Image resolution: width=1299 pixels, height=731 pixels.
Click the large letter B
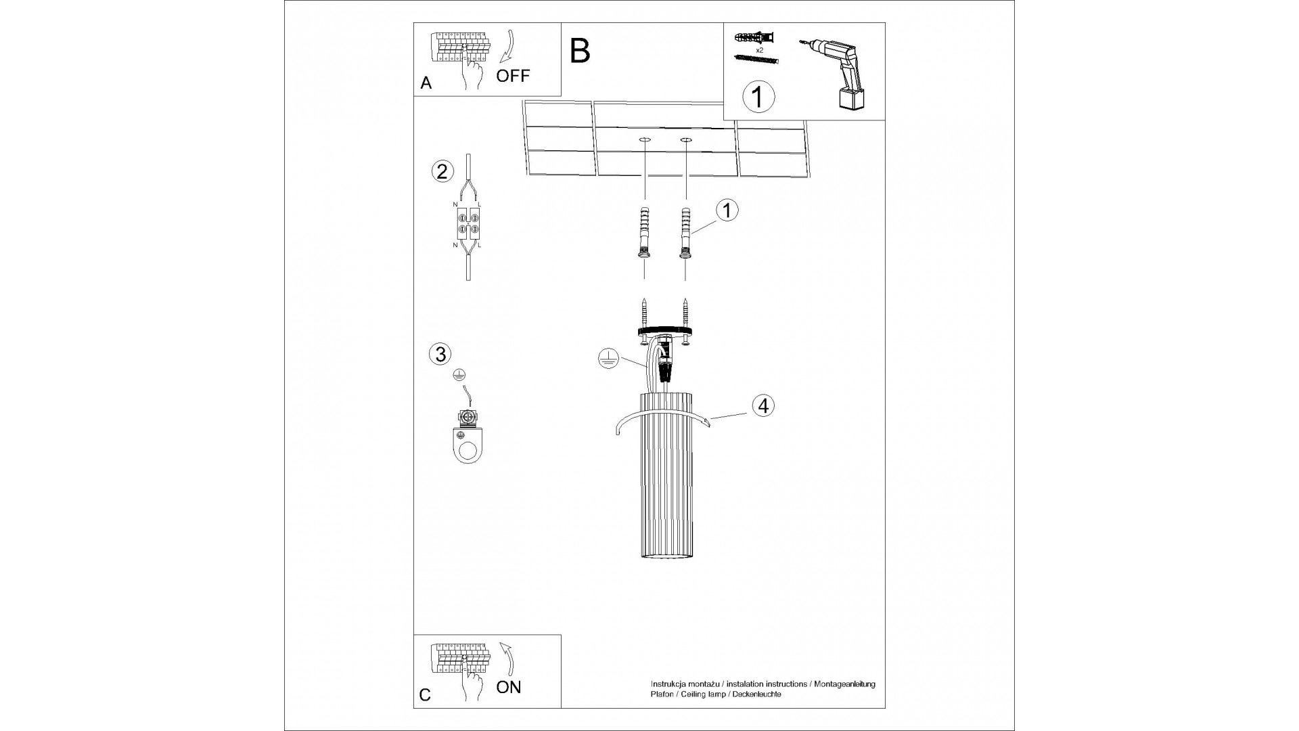[x=580, y=51]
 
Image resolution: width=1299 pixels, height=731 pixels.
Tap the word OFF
[x=513, y=75]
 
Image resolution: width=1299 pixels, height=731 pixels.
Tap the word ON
[x=509, y=687]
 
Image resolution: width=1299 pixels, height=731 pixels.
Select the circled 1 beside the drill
[x=758, y=97]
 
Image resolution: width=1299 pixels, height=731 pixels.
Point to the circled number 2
[x=441, y=171]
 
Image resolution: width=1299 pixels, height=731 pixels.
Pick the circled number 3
[x=440, y=353]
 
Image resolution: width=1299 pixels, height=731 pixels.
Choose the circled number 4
[x=763, y=405]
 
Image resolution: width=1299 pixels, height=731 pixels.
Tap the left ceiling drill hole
[x=644, y=140]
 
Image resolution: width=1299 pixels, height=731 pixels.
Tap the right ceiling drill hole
[x=686, y=140]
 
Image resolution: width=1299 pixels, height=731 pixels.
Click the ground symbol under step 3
[x=459, y=374]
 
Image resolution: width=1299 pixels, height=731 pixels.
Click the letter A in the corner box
[x=426, y=83]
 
